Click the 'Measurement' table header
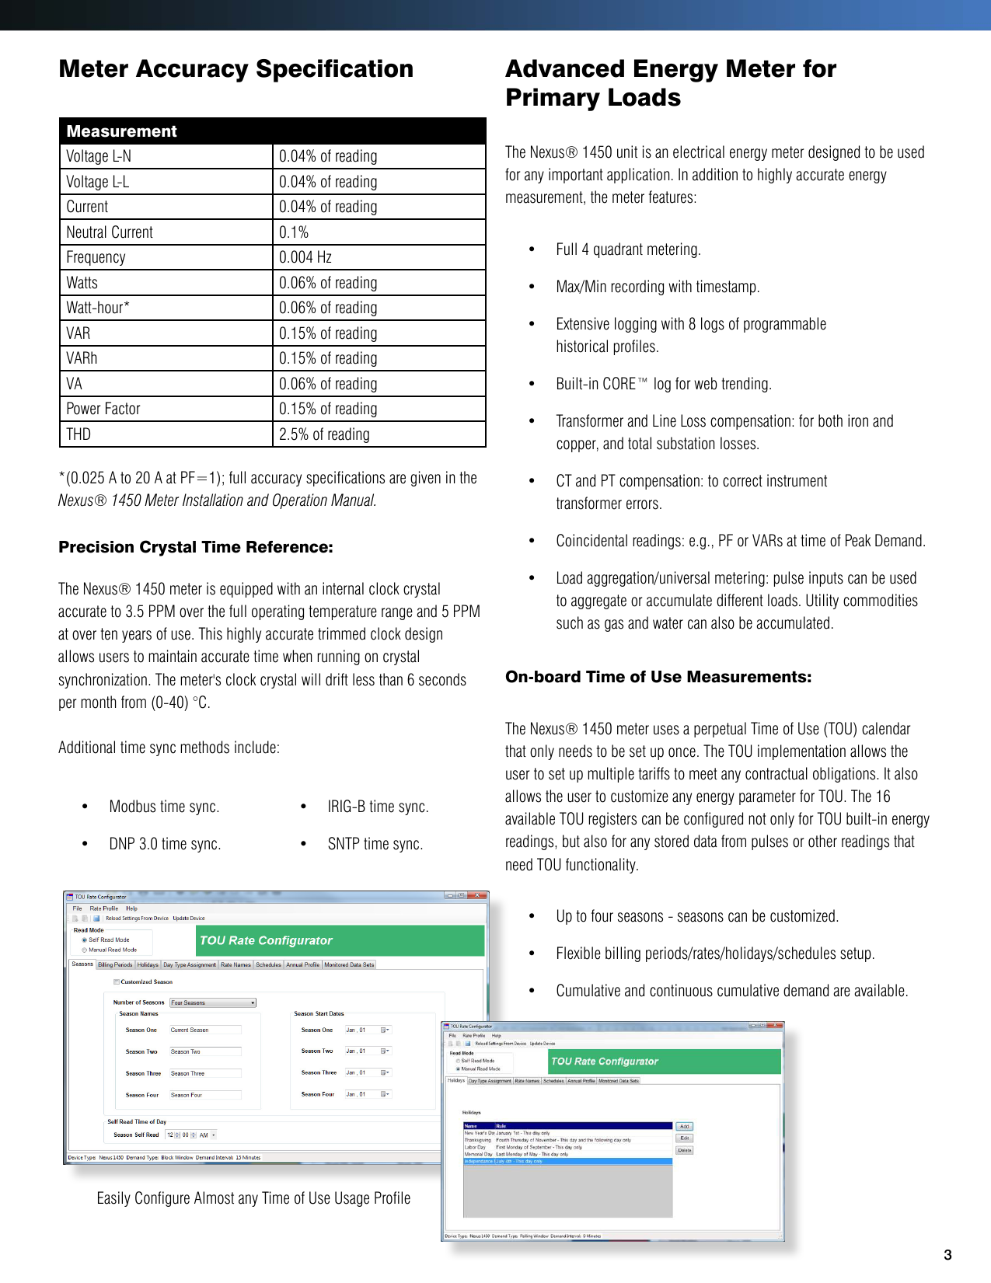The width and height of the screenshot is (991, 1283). (121, 131)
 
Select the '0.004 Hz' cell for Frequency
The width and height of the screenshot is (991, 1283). (305, 257)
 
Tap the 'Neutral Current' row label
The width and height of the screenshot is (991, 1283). (110, 232)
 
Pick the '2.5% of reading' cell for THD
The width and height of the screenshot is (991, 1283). (324, 434)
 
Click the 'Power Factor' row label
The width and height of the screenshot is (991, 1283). (103, 409)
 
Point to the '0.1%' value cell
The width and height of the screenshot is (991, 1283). (294, 232)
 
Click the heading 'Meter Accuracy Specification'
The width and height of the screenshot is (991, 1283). (236, 69)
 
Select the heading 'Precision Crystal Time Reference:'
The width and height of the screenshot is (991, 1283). (196, 547)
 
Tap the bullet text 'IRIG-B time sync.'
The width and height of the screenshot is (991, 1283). (378, 807)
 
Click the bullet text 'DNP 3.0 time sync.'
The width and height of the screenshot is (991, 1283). (165, 844)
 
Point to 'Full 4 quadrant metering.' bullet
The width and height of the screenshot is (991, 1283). (628, 249)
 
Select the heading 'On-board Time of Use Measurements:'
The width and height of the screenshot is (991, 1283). (658, 677)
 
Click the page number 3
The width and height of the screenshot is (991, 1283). (947, 1254)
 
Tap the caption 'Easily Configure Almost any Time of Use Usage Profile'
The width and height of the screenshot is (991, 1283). (253, 1198)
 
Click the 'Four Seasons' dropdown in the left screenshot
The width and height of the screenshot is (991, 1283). (213, 1002)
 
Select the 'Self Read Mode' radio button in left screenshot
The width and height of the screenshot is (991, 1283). (85, 940)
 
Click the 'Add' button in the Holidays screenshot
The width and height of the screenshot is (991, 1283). (684, 1126)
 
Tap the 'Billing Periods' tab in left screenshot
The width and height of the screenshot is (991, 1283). (115, 964)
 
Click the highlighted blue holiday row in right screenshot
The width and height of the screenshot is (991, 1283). (567, 1161)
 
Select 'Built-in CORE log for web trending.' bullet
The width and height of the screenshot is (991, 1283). (664, 384)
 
